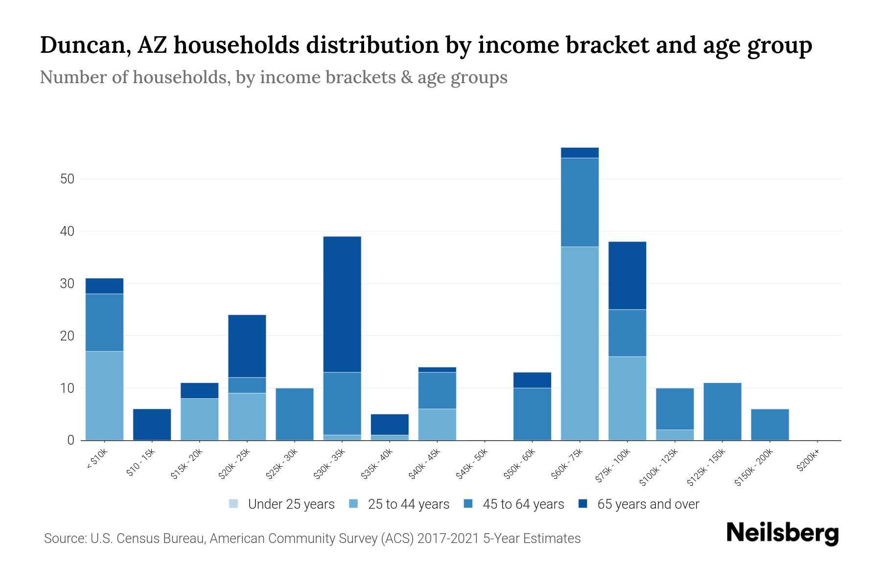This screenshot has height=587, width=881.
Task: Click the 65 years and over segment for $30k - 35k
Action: point(342,304)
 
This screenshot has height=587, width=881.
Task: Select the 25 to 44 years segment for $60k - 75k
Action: point(580,343)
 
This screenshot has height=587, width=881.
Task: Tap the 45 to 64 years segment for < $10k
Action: point(104,322)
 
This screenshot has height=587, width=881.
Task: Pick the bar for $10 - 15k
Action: point(152,425)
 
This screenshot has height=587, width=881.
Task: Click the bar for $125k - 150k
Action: point(722,411)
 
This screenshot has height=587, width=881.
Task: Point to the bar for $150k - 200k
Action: point(769,425)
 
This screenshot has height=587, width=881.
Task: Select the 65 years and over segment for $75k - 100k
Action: point(627,275)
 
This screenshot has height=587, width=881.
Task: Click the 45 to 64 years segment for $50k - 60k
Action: point(532,414)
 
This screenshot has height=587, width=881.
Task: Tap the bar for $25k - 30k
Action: point(295,414)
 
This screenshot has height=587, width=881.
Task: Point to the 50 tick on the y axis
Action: point(67,179)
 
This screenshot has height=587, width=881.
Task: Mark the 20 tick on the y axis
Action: point(67,336)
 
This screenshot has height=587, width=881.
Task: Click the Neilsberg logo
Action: point(782,533)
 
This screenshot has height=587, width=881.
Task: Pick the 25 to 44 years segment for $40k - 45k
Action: point(437,425)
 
